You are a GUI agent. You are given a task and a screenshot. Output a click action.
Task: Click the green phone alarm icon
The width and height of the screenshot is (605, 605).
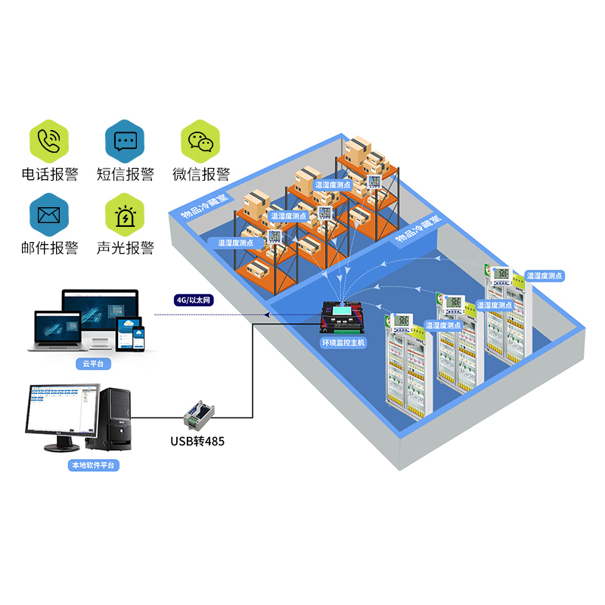pyautogui.click(x=49, y=140)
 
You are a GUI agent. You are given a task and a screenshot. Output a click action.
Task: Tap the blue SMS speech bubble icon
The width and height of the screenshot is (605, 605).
pyautogui.click(x=125, y=140)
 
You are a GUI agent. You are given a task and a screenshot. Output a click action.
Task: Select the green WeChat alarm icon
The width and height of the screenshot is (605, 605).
pyautogui.click(x=200, y=140)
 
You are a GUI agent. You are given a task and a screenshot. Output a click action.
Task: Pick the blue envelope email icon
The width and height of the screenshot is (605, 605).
pyautogui.click(x=49, y=215)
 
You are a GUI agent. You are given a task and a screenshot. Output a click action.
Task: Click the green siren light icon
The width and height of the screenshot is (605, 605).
pyautogui.click(x=125, y=215)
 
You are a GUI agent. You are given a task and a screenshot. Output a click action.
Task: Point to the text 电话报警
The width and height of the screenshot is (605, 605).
pyautogui.click(x=49, y=175)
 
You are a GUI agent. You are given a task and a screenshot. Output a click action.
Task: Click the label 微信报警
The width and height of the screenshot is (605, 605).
pyautogui.click(x=200, y=175)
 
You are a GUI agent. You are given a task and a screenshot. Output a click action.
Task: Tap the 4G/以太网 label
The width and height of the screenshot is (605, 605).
pyautogui.click(x=194, y=300)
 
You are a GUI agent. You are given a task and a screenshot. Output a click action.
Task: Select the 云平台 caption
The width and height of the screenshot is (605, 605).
pyautogui.click(x=92, y=364)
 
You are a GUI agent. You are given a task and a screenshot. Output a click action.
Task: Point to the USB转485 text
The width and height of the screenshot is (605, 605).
pyautogui.click(x=198, y=441)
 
